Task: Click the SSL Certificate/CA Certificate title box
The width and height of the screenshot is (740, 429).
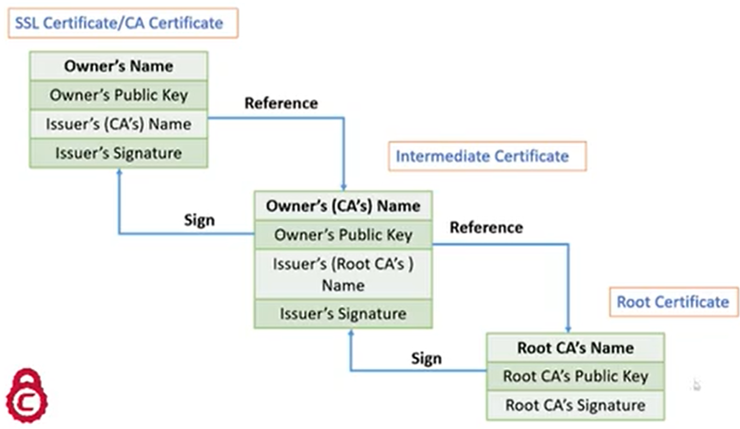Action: coord(123,23)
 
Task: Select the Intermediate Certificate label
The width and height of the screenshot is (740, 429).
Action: coord(487,156)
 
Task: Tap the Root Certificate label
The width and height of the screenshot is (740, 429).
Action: coord(673,302)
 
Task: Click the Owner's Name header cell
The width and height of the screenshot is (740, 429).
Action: coord(118,66)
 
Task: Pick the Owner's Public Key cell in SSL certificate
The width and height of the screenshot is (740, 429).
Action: coord(118,95)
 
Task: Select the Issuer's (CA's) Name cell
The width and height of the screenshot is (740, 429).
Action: coord(118,124)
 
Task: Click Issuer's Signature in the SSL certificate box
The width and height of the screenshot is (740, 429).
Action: coord(118,153)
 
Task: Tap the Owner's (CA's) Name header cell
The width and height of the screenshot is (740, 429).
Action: coord(343,206)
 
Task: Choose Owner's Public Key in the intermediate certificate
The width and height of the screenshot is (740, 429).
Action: coord(343,235)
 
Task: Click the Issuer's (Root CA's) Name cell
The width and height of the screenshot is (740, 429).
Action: coord(343,274)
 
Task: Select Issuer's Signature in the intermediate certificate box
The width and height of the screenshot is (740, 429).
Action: coord(343,314)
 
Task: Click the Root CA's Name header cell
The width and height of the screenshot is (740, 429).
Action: coord(575,348)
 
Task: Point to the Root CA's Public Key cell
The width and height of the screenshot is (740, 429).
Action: coord(575,376)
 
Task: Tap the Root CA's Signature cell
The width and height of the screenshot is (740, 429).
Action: coord(575,405)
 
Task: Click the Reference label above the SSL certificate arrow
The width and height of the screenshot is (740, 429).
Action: coord(281,103)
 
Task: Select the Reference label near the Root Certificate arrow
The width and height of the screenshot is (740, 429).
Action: coord(486,227)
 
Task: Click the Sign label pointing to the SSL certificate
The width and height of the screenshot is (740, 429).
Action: coord(199,220)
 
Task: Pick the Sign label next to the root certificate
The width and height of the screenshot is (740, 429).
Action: coord(426,359)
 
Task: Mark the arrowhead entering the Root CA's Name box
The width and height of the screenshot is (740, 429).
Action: coord(569,329)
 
